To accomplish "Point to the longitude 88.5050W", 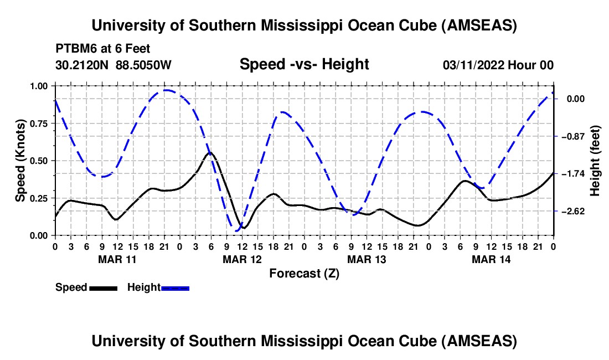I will tap(144, 65).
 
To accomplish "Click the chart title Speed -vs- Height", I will tap(304, 64).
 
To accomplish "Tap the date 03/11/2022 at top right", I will tap(474, 65).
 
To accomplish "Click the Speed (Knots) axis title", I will tap(20, 161).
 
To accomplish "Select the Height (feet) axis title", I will tap(596, 161).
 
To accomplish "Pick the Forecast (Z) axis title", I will tap(304, 273).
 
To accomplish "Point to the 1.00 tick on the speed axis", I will tap(39, 86).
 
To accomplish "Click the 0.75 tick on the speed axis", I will tap(39, 123).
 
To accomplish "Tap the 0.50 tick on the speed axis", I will tap(39, 161).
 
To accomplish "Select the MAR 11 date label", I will tap(117, 259).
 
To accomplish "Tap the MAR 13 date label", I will tap(366, 259).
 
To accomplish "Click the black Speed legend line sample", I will tap(103, 287).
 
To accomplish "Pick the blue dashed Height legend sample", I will tap(175, 287).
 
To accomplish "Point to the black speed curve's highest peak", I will tap(210, 152).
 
